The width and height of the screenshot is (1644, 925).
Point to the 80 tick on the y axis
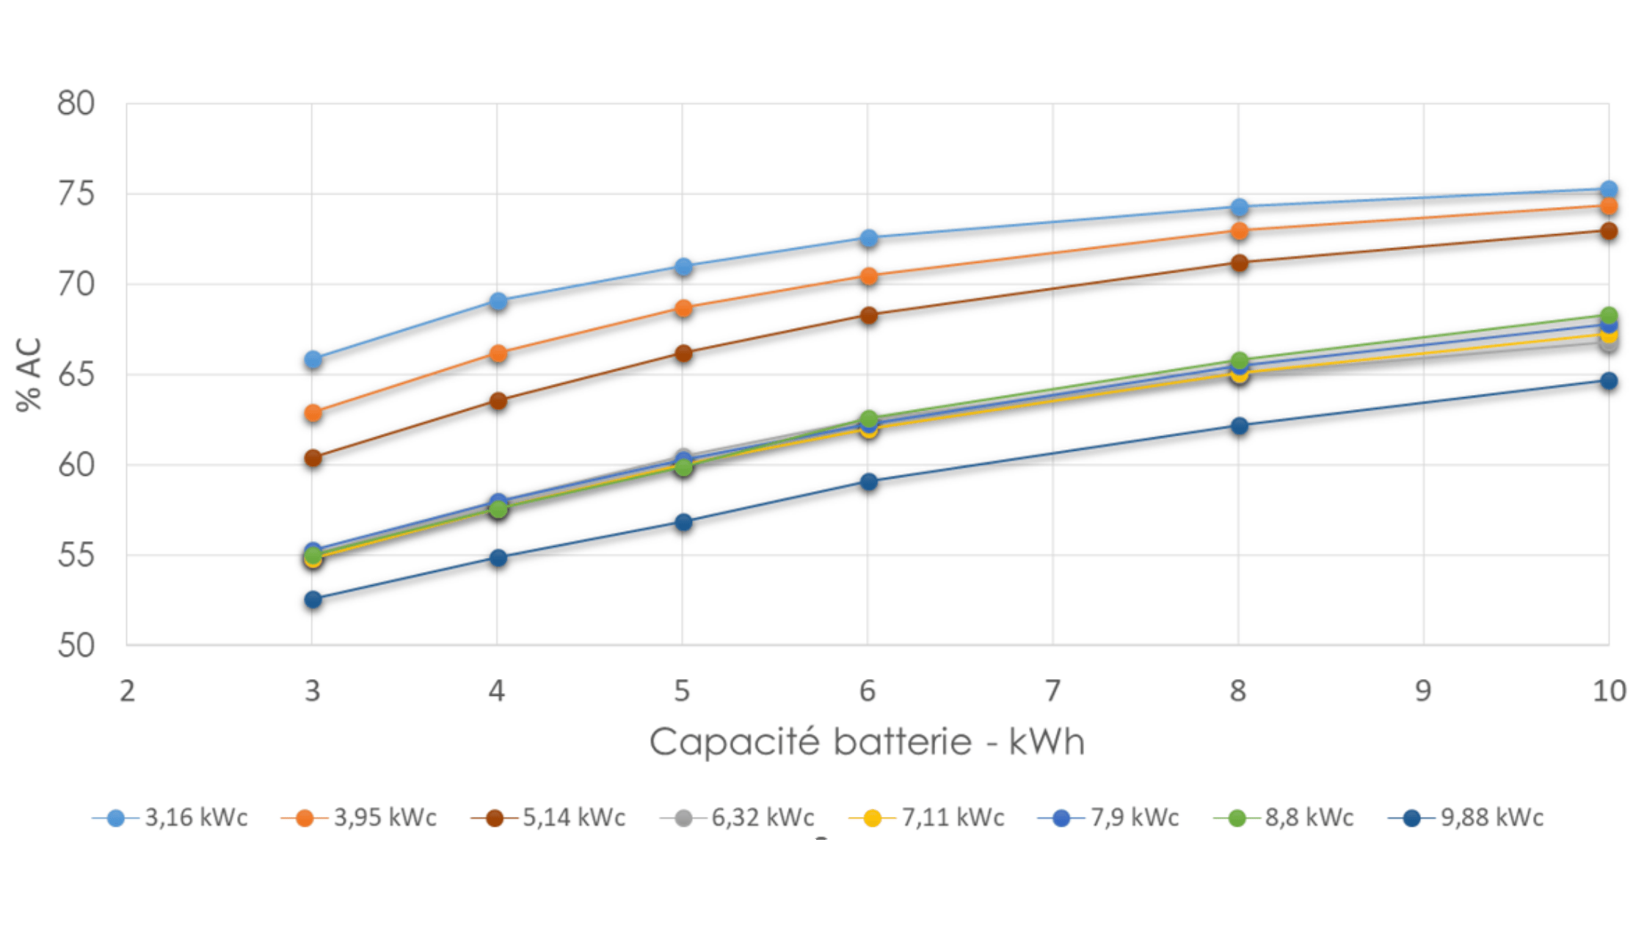point(76,104)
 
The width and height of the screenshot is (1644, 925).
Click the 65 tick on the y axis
point(76,374)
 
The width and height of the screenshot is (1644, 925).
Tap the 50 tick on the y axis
point(76,645)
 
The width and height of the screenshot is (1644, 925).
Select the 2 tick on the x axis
point(127,691)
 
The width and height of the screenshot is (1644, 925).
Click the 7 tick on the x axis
point(1052,691)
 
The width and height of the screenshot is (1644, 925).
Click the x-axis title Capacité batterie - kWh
point(867,741)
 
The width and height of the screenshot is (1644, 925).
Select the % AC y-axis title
point(29,374)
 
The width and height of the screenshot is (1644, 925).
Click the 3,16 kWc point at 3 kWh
point(313,359)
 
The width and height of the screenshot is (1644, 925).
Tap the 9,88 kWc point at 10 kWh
point(1609,380)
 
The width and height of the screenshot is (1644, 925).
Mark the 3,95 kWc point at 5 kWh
point(683,308)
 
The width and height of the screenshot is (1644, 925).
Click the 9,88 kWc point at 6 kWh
point(869,482)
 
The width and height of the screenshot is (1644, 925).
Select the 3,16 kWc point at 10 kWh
point(1609,189)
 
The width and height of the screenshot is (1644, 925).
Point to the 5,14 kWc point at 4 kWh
point(498,401)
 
